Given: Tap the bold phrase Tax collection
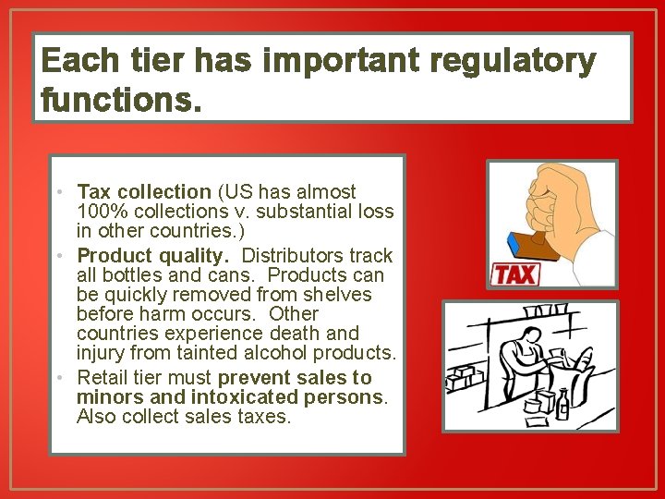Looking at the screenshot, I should [144, 192].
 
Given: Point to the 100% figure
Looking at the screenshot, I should [98, 212].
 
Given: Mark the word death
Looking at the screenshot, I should [298, 333].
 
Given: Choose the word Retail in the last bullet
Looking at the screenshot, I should [103, 377].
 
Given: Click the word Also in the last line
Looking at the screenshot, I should [98, 416].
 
